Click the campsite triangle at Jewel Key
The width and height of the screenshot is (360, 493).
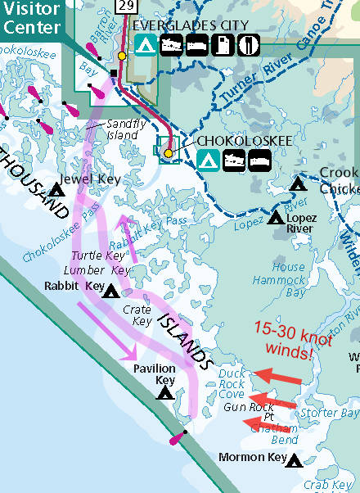(56, 191)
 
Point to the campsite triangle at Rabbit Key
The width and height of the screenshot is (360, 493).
(110, 291)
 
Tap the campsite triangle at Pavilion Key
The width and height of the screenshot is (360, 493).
(165, 393)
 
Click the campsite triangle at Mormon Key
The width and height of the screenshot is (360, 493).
(294, 462)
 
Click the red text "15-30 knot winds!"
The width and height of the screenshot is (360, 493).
(284, 340)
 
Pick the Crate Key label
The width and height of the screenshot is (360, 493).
(137, 315)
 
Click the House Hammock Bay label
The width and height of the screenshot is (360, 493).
(288, 279)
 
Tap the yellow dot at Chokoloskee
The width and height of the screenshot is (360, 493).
(169, 153)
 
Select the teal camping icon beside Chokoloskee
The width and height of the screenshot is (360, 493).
(208, 159)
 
